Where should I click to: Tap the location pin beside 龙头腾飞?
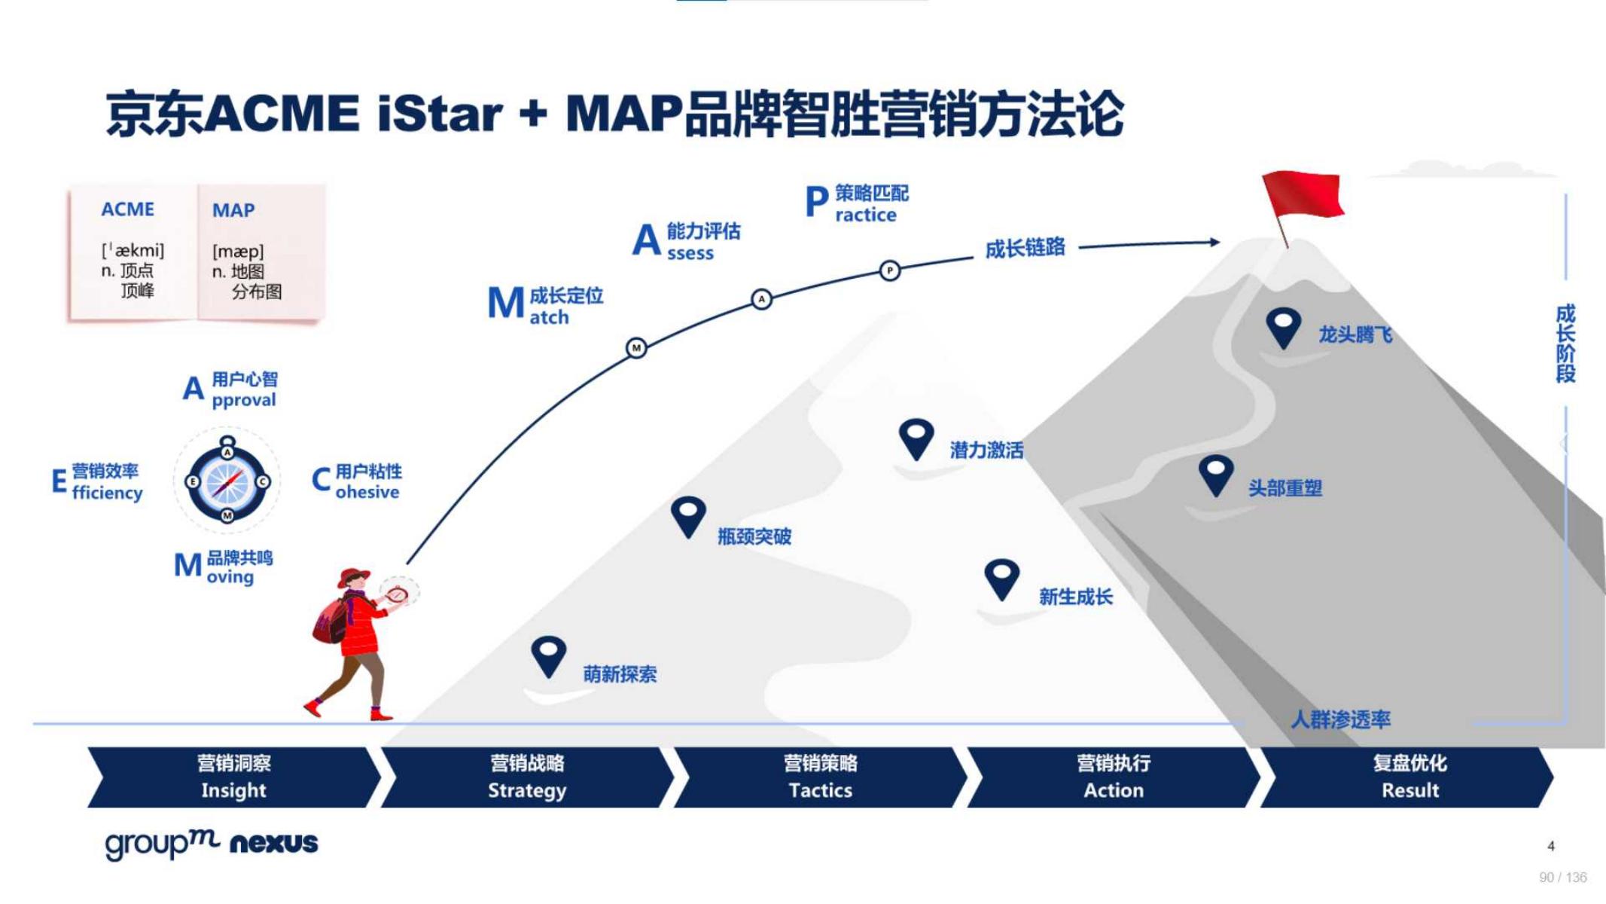(1284, 328)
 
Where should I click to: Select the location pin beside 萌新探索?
(548, 656)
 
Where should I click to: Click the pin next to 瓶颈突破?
(688, 517)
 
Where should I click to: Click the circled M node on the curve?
(636, 348)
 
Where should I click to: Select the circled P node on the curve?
(889, 270)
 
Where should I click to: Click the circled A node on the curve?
(761, 299)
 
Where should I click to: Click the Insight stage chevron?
(234, 777)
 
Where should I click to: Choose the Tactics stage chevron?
(821, 777)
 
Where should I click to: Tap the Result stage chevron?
(1408, 777)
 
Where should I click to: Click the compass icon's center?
(227, 481)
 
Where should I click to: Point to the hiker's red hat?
(353, 577)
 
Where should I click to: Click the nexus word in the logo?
(274, 843)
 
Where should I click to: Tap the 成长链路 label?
(1025, 248)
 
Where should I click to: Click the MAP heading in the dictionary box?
(233, 210)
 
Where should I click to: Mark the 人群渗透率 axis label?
(1341, 719)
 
